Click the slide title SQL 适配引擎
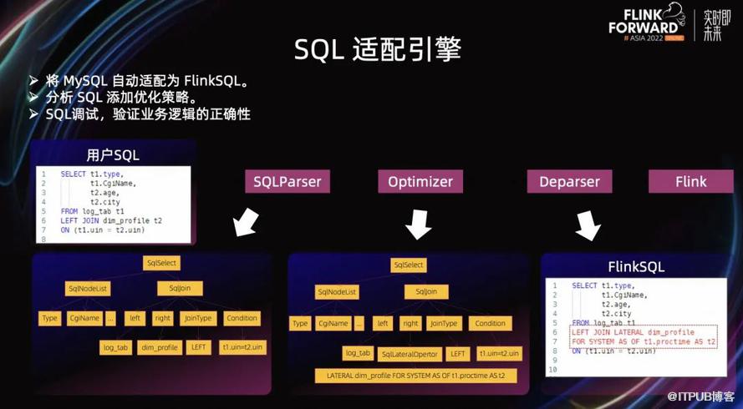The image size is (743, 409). pos(378,49)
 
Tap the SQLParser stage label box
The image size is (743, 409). pos(288,181)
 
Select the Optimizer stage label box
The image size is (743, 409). pos(420,181)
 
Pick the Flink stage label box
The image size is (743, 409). pos(690,181)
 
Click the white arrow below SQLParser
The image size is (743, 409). pos(245,223)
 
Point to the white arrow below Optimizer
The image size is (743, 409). pos(418,224)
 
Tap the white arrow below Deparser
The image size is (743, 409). pos(588,225)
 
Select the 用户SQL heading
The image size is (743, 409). pos(113,155)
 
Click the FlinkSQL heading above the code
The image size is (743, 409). pos(636,267)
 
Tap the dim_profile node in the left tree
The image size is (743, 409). pos(160,346)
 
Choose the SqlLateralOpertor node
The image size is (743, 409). pos(409,354)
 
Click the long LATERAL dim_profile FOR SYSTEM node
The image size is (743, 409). pos(415,376)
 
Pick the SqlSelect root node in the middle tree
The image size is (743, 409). pos(409,265)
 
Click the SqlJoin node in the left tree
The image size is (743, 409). pos(181,289)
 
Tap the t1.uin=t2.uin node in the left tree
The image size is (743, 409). pos(242,346)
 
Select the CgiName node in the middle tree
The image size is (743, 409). pos(333,324)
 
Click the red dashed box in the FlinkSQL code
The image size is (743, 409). pos(643,336)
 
